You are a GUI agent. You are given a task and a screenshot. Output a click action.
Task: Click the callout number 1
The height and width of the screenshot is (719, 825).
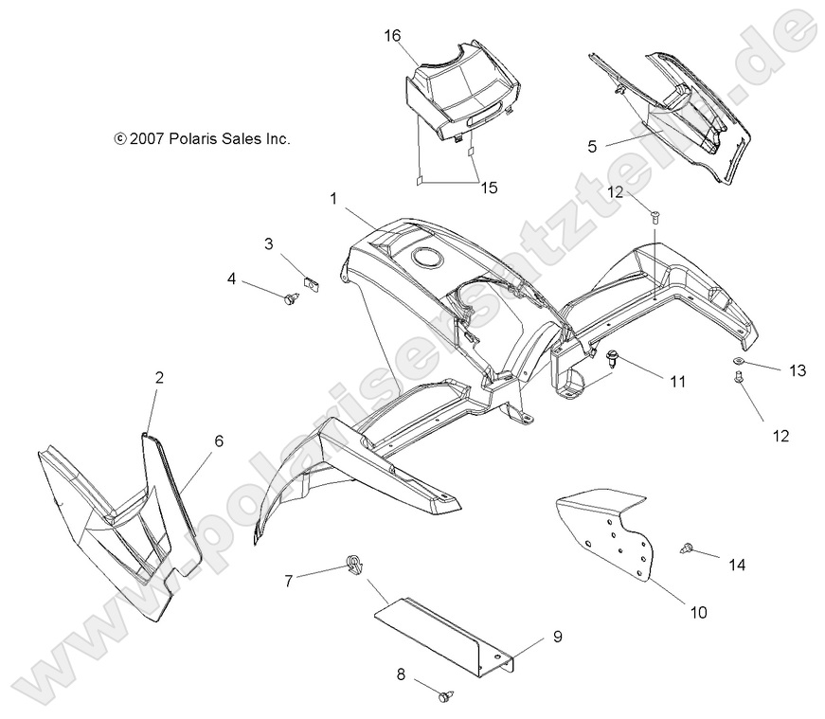pyautogui.click(x=333, y=199)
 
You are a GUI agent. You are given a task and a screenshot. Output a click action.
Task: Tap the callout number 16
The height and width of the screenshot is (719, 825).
pyautogui.click(x=393, y=36)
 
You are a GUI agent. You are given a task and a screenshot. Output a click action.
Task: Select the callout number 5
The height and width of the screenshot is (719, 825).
pyautogui.click(x=592, y=146)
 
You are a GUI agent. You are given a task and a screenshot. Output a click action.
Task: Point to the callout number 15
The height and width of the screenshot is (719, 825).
pyautogui.click(x=489, y=188)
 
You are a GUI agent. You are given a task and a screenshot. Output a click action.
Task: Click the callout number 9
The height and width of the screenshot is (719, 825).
pyautogui.click(x=558, y=637)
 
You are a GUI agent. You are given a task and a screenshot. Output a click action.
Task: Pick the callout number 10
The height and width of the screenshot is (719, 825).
pyautogui.click(x=697, y=613)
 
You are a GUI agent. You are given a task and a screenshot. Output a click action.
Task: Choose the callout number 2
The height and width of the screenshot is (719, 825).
pyautogui.click(x=159, y=378)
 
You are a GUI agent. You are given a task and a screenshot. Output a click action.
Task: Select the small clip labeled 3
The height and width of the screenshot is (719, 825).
pyautogui.click(x=309, y=281)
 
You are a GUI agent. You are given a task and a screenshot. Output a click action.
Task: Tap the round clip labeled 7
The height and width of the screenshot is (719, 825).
pyautogui.click(x=354, y=567)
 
